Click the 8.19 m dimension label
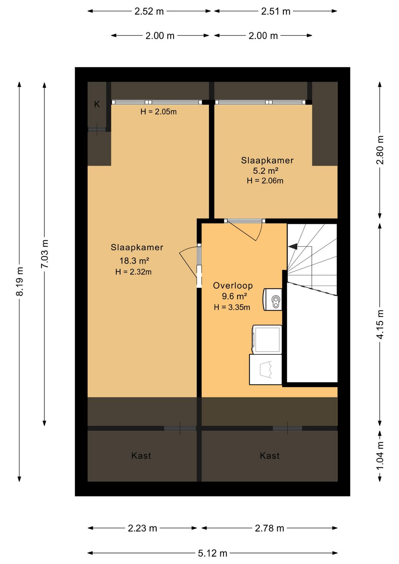pyautogui.click(x=20, y=281)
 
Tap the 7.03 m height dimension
pyautogui.click(x=45, y=254)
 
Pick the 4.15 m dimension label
pyautogui.click(x=380, y=324)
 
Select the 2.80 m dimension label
pyautogui.click(x=380, y=150)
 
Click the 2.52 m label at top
pyautogui.click(x=149, y=11)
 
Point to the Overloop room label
pyautogui.click(x=233, y=286)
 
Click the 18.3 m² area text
pyautogui.click(x=134, y=261)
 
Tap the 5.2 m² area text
pyautogui.click(x=265, y=171)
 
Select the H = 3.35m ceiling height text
pyautogui.click(x=232, y=307)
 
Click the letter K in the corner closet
pyautogui.click(x=97, y=104)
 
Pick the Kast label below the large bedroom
pyautogui.click(x=141, y=456)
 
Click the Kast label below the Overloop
pyautogui.click(x=270, y=456)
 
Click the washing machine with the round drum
pyautogui.click(x=265, y=369)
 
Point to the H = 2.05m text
pyautogui.click(x=158, y=112)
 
